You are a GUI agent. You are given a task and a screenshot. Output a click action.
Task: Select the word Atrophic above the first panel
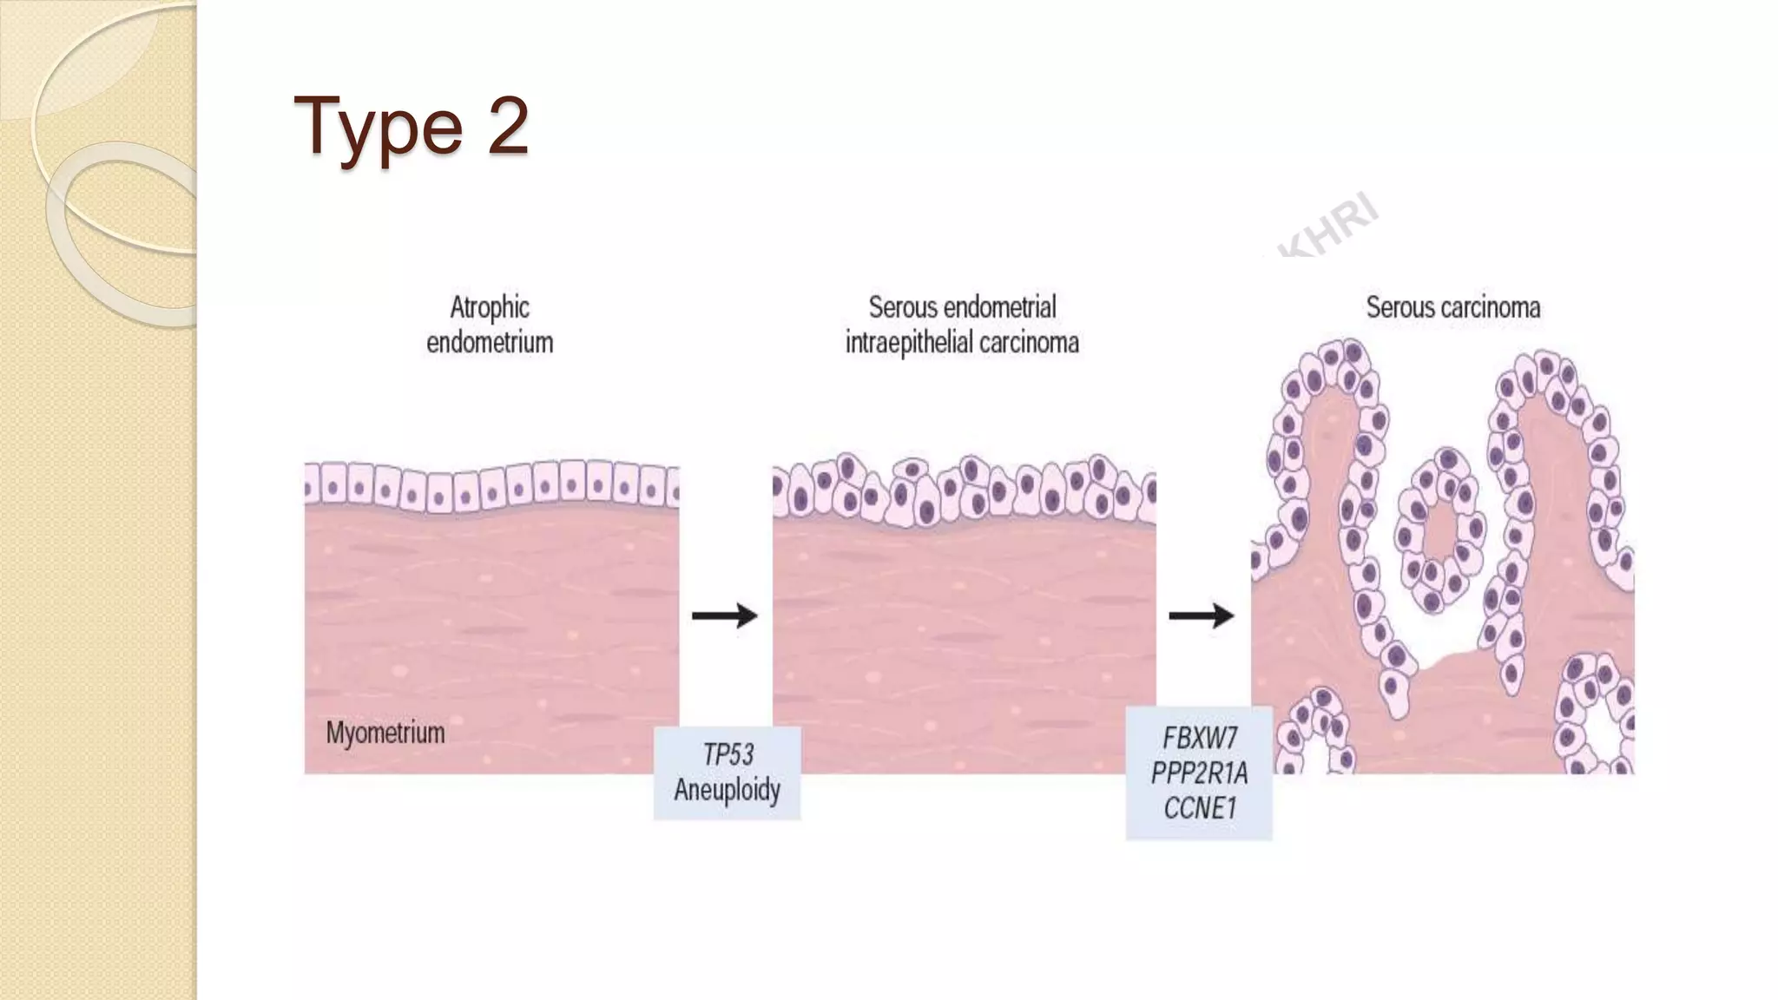tap(490, 307)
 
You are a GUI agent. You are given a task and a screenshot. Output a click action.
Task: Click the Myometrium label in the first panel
tap(385, 734)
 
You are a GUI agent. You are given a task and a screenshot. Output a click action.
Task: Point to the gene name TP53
tap(728, 754)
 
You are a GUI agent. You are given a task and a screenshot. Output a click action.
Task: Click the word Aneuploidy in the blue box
tap(728, 790)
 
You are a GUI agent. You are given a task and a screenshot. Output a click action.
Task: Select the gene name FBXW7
tap(1200, 739)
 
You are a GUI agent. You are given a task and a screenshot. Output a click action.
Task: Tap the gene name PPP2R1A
tap(1200, 773)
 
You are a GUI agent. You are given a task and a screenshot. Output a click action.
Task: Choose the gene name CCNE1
tap(1200, 809)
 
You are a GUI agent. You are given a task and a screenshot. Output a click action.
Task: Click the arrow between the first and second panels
tap(725, 615)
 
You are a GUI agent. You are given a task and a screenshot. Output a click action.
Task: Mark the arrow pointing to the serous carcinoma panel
tap(1202, 615)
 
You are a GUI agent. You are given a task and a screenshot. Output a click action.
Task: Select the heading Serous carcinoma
tap(1453, 307)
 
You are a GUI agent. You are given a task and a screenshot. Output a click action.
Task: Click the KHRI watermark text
tap(1328, 227)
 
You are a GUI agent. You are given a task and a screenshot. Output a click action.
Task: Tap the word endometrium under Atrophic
tap(490, 343)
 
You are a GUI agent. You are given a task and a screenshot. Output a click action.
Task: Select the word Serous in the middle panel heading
tap(902, 307)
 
